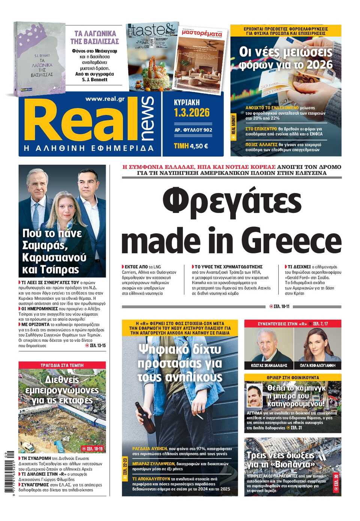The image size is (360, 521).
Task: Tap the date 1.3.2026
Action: [192, 113]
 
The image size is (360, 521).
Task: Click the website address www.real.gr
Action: [105, 99]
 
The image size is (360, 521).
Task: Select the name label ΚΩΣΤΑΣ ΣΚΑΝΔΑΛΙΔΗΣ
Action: [269, 365]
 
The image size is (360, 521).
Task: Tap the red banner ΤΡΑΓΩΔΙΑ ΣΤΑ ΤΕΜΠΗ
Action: [62, 365]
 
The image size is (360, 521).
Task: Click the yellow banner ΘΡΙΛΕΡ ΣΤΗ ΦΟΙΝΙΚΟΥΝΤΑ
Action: [293, 377]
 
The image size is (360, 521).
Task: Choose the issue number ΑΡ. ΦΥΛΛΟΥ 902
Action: [193, 130]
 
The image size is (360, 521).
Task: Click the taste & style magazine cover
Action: [152, 56]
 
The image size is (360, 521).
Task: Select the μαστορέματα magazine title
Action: [202, 33]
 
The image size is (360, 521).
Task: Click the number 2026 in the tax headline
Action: [319, 65]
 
